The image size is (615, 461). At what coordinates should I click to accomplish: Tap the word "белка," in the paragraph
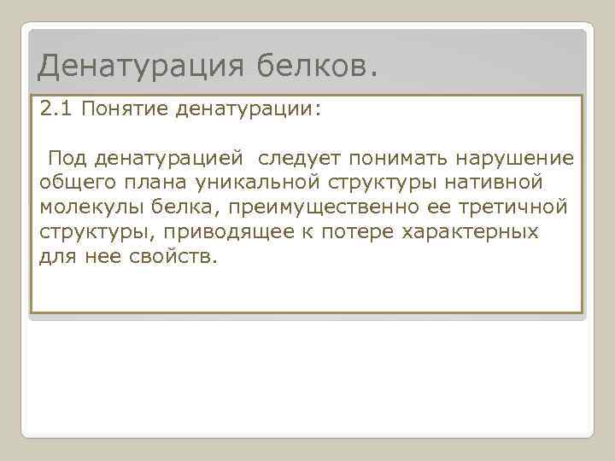pos(182,207)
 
